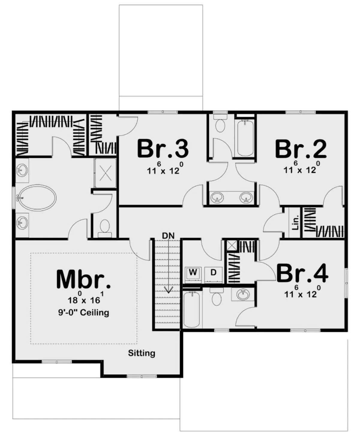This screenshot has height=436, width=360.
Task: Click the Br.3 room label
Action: (163, 149)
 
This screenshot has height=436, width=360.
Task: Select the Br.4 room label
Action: (302, 273)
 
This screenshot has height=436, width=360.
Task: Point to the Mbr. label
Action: (83, 279)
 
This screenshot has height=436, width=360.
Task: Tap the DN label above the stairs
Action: (168, 236)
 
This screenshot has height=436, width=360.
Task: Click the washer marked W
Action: (193, 274)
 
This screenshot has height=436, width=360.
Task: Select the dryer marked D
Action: (213, 274)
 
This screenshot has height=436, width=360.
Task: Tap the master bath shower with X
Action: (105, 173)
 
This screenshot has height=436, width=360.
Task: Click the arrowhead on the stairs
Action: (168, 290)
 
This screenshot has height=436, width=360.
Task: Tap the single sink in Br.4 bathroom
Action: (243, 295)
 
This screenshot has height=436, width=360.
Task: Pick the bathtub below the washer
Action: (192, 309)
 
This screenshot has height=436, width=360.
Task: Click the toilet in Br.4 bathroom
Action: (217, 297)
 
